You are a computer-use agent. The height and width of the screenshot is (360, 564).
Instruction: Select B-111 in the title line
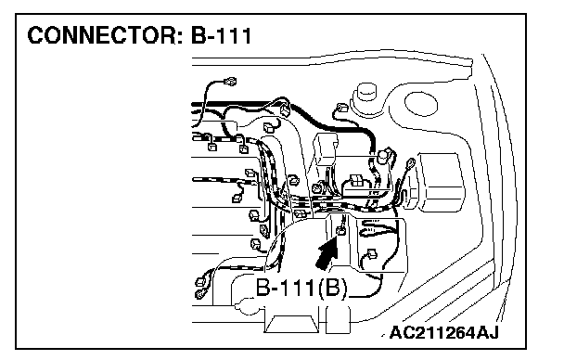pyautogui.click(x=221, y=35)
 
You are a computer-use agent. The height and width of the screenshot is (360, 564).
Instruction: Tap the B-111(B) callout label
pyautogui.click(x=301, y=288)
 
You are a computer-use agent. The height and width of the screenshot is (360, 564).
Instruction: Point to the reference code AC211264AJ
pyautogui.click(x=443, y=333)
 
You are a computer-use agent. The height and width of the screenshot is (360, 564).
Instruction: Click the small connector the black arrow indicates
pyautogui.click(x=340, y=230)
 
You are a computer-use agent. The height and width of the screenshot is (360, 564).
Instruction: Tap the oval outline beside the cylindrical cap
pyautogui.click(x=421, y=104)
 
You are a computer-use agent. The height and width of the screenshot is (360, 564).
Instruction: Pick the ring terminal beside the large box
pyautogui.click(x=410, y=165)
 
